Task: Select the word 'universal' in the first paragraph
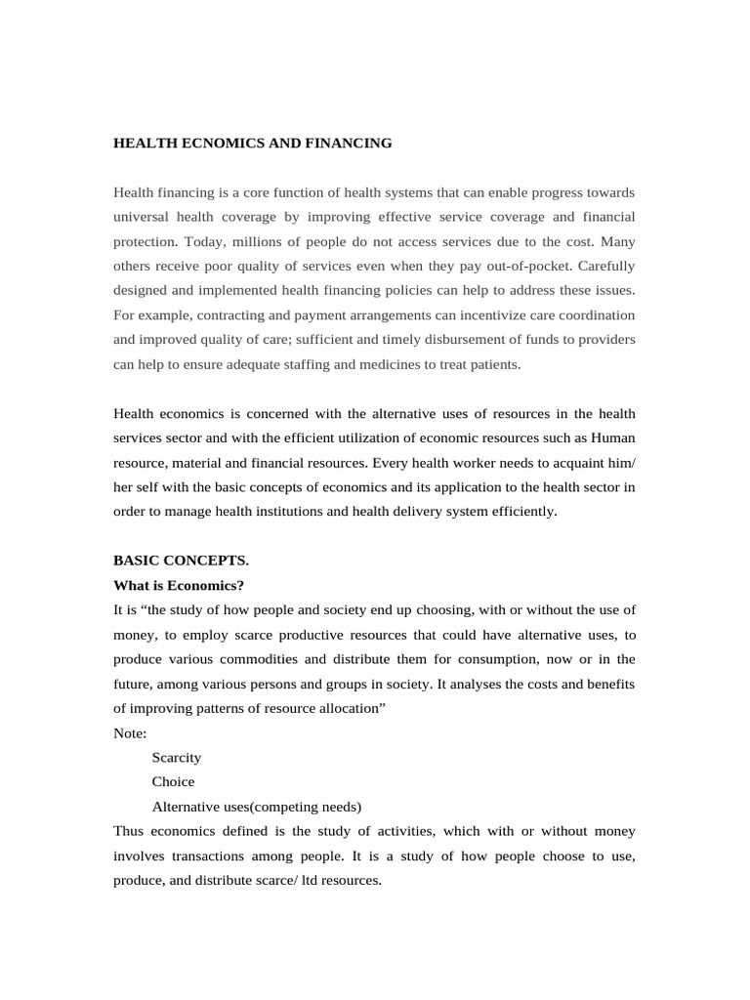(143, 216)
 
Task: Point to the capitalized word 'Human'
(613, 437)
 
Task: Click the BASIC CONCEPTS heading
(181, 561)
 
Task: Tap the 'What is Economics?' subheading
(179, 585)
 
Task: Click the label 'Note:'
(130, 732)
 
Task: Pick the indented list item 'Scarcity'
(177, 757)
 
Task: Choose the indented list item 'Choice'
(173, 781)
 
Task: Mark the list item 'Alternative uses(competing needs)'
(257, 807)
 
